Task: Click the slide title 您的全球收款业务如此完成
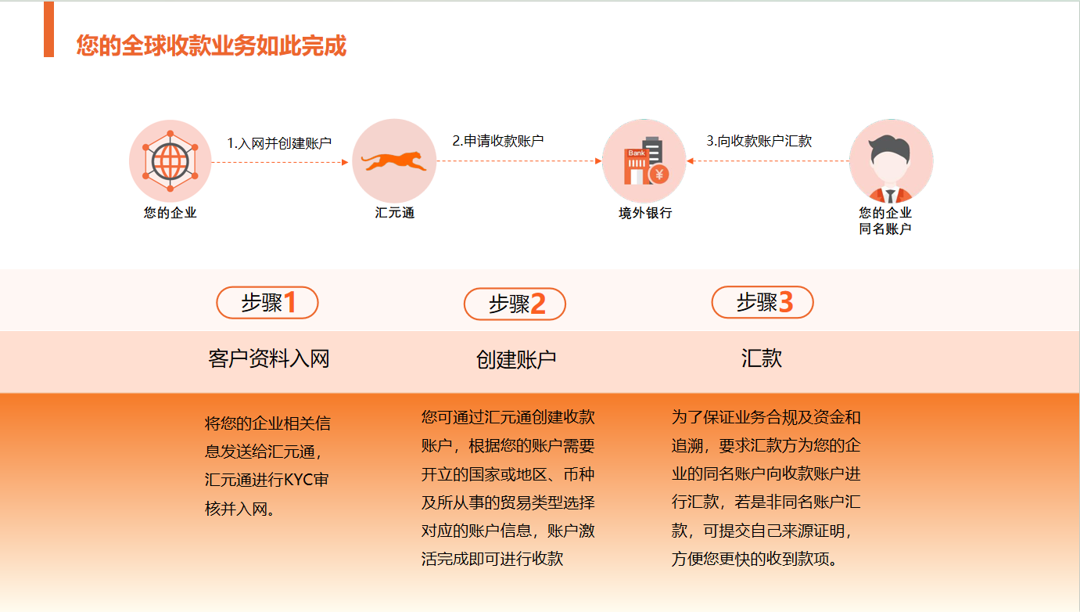211,45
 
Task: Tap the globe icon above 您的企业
170,160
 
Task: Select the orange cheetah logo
394,160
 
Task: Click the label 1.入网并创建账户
279,143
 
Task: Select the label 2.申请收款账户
497,141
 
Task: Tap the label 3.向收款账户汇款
759,141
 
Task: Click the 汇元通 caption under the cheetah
395,213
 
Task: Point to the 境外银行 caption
645,213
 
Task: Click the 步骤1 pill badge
267,303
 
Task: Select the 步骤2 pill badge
515,304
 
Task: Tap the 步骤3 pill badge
762,302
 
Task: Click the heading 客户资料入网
268,359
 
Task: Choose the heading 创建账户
516,359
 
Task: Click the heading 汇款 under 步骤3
761,358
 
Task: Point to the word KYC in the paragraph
299,481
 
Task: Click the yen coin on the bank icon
659,175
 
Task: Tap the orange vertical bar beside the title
48,29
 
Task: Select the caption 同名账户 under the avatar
885,229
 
